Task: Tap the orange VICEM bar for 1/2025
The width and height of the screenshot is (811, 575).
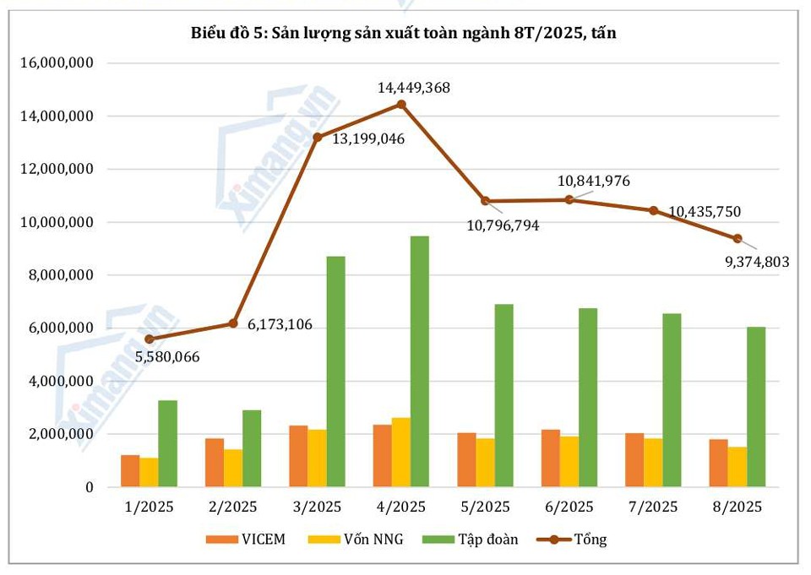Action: (130, 471)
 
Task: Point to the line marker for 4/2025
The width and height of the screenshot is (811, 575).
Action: (401, 105)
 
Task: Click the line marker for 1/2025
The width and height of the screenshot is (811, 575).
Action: (150, 339)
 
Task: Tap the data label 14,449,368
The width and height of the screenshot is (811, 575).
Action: (413, 87)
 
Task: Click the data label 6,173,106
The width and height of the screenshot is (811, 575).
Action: (286, 324)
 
